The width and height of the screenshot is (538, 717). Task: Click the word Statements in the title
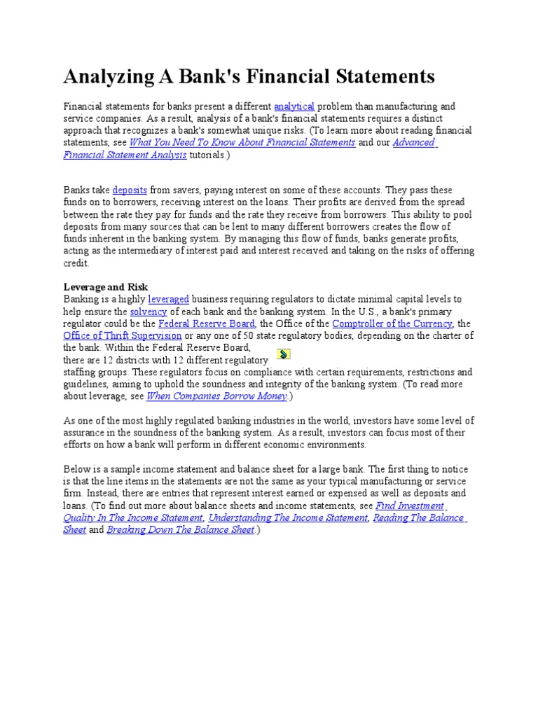click(382, 76)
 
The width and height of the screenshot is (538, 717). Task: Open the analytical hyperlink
click(294, 106)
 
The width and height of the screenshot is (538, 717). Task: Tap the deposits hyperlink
click(130, 190)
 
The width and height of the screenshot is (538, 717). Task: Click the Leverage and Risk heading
click(106, 287)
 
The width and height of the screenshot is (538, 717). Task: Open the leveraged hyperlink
click(168, 300)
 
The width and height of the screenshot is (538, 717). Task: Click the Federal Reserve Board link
click(207, 323)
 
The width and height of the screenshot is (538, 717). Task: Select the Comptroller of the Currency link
click(392, 323)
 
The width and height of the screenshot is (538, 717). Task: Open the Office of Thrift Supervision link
click(123, 335)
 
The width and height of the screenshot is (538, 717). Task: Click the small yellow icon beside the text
click(284, 354)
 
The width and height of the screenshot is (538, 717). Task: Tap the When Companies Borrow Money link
click(217, 396)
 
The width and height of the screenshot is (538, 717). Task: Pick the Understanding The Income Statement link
click(288, 518)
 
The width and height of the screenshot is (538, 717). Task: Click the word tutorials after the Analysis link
click(207, 155)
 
